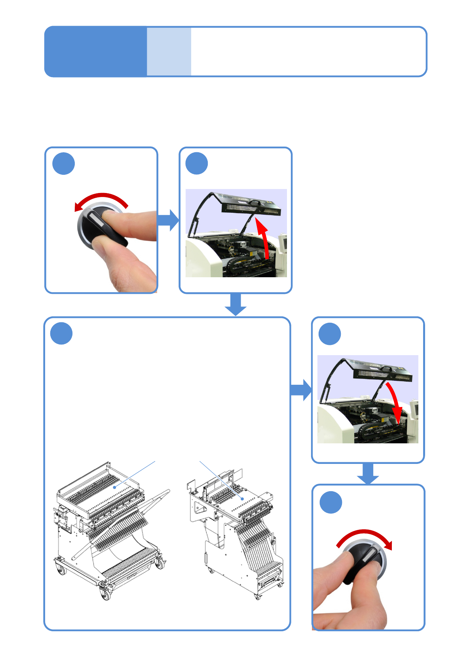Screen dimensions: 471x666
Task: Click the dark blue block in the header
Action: [95, 51]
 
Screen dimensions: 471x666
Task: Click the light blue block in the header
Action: [169, 51]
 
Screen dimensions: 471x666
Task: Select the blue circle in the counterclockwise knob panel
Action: [64, 163]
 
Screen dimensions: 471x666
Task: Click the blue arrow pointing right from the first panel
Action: [168, 220]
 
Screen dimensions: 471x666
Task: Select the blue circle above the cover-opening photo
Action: [197, 163]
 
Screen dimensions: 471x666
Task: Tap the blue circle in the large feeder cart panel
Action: [61, 333]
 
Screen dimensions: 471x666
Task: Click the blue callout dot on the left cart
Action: [115, 487]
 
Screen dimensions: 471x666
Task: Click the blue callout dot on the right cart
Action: [242, 499]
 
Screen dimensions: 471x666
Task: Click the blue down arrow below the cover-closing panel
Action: [368, 473]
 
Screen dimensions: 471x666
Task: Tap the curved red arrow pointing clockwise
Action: [366, 537]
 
